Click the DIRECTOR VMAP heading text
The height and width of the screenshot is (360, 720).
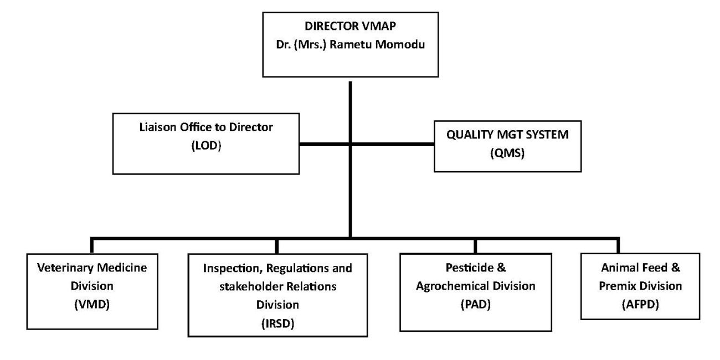pyautogui.click(x=350, y=26)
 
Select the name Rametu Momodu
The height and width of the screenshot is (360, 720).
pyautogui.click(x=377, y=44)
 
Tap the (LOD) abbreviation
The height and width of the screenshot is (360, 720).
pyautogui.click(x=206, y=146)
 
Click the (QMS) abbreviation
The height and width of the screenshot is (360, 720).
pyautogui.click(x=507, y=153)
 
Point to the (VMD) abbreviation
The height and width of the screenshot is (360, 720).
pyautogui.click(x=92, y=304)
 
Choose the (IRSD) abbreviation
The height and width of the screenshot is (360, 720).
pyautogui.click(x=277, y=323)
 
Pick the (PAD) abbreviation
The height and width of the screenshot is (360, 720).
pyautogui.click(x=475, y=304)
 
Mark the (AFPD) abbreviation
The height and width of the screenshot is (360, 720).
pyautogui.click(x=640, y=304)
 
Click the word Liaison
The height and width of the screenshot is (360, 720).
pyautogui.click(x=158, y=127)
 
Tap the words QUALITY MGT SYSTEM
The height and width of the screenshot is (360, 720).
pyautogui.click(x=507, y=135)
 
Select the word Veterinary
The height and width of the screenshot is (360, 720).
pyautogui.click(x=65, y=268)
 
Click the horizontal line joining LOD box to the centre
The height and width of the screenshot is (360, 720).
pyautogui.click(x=324, y=145)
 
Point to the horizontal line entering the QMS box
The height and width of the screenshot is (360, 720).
pyautogui.click(x=393, y=145)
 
